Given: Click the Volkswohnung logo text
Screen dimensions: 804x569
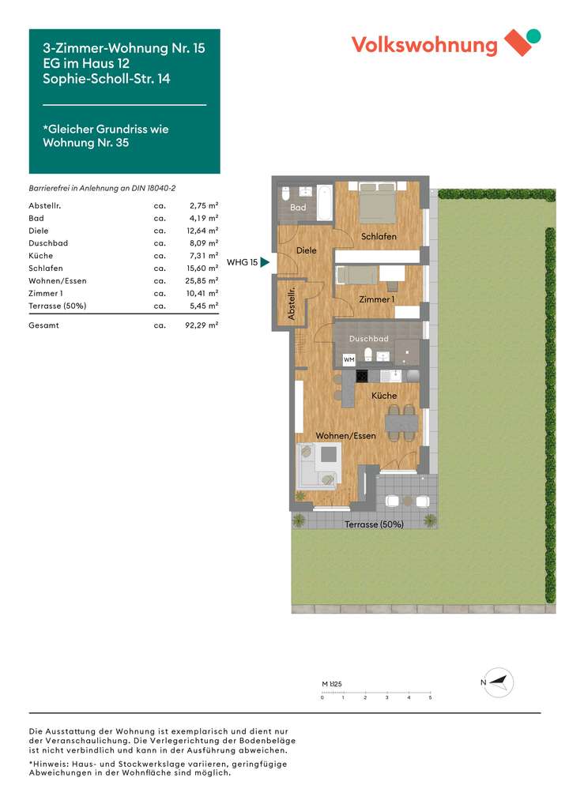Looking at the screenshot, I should point(424,45).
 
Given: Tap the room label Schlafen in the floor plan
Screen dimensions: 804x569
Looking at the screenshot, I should point(379,237).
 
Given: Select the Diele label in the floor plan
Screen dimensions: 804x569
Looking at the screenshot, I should point(306,250).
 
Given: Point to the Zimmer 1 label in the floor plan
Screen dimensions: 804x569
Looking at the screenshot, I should point(375,300).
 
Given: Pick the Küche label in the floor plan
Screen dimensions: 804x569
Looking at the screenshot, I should point(384,396).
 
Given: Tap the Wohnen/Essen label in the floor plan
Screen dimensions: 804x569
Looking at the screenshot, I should point(346,436).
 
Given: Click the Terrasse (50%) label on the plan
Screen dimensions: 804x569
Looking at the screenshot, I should point(375,524).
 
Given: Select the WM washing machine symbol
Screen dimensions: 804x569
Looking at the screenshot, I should point(349,360).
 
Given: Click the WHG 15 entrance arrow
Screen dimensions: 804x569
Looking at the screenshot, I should point(265,262).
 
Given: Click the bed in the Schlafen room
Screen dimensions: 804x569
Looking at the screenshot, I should point(377,203).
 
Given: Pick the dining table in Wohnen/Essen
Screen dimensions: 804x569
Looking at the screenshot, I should point(402,423).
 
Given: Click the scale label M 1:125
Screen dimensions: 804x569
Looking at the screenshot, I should point(331,684).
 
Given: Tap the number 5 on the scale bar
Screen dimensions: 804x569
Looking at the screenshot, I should point(430,698).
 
